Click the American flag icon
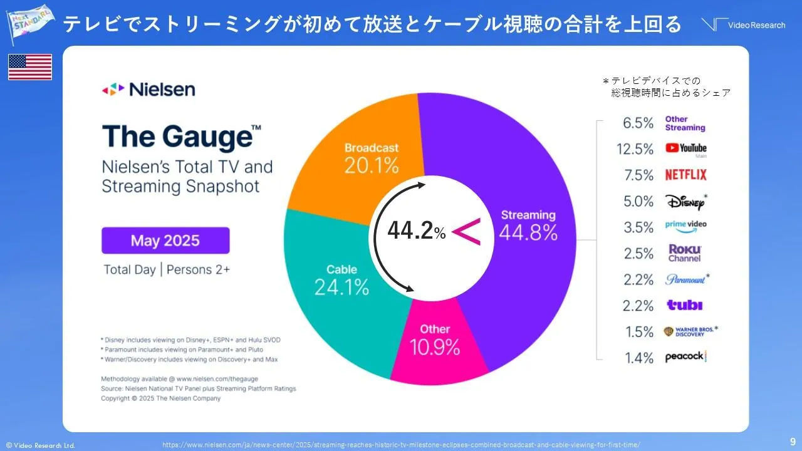coord(29,67)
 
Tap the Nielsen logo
coord(148,90)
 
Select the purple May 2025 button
coord(165,241)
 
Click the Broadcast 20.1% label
coord(372,158)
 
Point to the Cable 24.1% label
coord(341,280)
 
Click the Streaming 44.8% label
coord(528,225)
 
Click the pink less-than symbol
coord(466,232)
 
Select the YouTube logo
coord(685,148)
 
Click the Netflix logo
coord(685,175)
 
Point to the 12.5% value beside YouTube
coord(638,149)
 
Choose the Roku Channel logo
coord(684,253)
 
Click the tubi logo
coord(684,305)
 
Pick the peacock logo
coord(685,357)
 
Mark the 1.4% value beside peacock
coord(638,358)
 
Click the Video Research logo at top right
coord(743,25)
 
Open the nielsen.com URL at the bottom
coord(401,444)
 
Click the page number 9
coord(793,440)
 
